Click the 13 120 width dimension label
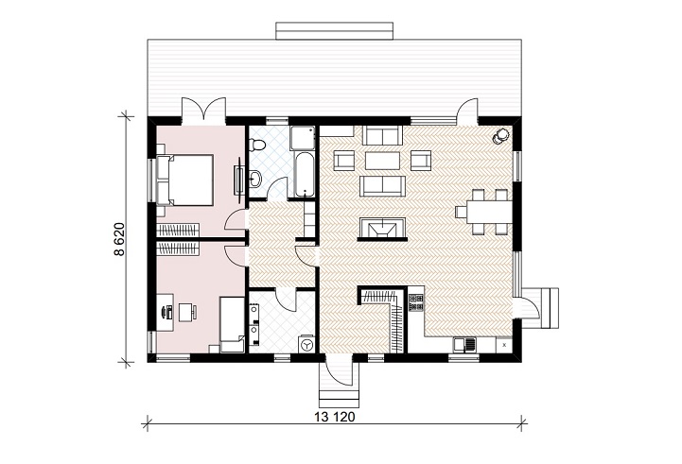point(335,417)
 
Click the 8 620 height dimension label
point(119,239)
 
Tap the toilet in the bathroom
point(256,144)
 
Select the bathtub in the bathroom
point(304,174)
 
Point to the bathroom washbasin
point(255,178)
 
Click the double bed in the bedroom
point(185,180)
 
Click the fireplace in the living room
point(382,229)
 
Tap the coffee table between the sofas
point(383,161)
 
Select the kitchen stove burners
point(416,302)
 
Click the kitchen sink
point(464,345)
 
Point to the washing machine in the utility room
point(306,344)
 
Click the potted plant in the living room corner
point(500,135)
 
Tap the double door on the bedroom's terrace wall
point(203,108)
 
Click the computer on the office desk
point(167,312)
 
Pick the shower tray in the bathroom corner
point(303,138)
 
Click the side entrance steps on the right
point(549,308)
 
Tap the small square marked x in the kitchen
point(504,345)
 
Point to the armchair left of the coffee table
point(344,161)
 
